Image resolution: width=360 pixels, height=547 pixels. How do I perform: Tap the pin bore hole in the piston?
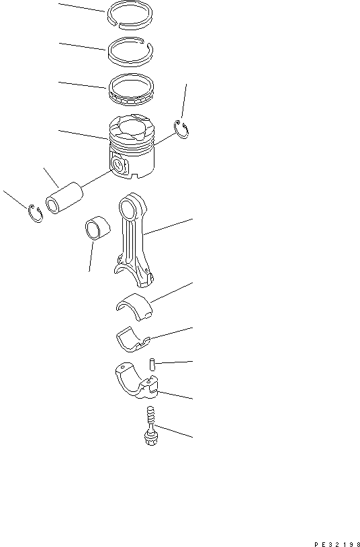tap(120, 164)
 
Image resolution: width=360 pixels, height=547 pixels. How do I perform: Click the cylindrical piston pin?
tap(64, 198)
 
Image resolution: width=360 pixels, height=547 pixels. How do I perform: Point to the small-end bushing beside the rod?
tap(97, 228)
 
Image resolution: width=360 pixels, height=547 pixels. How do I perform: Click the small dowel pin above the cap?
tap(152, 364)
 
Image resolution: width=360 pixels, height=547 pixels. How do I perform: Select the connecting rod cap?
tap(136, 381)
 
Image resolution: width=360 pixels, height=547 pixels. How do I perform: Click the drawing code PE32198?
tap(337, 544)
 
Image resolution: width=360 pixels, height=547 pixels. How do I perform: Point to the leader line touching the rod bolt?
tap(173, 431)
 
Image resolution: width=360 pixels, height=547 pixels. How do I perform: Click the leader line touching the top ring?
tap(82, 7)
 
